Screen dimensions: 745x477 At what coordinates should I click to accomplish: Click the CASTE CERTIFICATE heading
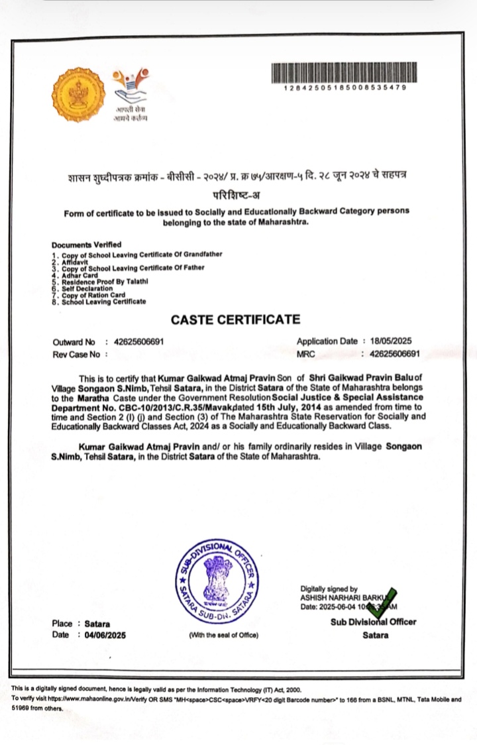(x=235, y=319)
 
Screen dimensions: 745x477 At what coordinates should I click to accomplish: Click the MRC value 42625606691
(x=395, y=354)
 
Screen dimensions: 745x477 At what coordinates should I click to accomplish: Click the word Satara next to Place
(x=98, y=624)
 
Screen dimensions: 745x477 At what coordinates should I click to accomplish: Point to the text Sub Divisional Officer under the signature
(x=374, y=622)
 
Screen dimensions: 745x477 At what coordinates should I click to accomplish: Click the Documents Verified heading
(x=86, y=245)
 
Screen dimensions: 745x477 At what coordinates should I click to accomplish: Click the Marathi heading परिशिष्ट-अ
(x=237, y=194)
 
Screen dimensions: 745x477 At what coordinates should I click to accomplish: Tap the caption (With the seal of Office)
(x=223, y=636)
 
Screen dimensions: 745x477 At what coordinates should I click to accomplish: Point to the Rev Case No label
(x=76, y=355)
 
